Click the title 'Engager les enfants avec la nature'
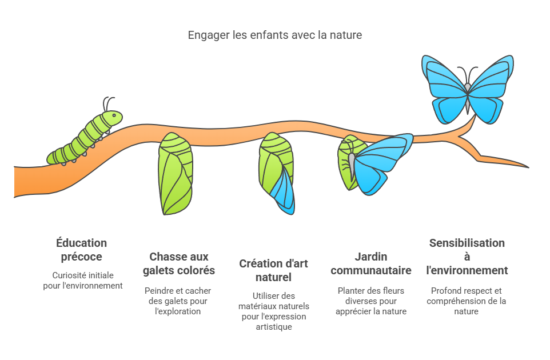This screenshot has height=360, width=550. pos(274,35)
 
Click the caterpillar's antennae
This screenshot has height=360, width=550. pos(109,104)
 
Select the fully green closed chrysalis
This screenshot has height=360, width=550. pos(176,174)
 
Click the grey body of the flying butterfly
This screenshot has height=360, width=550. pos(468,98)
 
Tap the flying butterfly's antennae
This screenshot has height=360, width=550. pos(468,74)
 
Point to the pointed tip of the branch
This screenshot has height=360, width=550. pos(528,167)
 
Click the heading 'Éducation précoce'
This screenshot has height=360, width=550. pos(81,250)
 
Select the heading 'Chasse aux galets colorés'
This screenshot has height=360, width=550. pos(179,263)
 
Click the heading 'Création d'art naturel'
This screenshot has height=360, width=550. pos(274,270)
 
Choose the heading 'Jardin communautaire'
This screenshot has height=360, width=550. pos(370,263)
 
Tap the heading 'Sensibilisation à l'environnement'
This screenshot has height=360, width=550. pos(467,257)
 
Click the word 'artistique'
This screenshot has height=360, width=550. pos(274,327)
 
